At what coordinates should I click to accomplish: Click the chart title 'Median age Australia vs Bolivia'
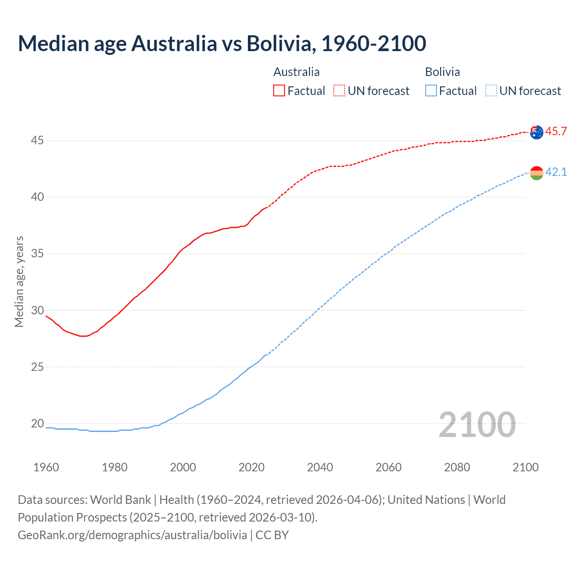(222, 43)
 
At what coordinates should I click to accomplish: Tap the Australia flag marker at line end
(536, 132)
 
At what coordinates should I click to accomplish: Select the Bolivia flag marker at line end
(536, 173)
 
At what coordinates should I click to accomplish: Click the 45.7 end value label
(556, 132)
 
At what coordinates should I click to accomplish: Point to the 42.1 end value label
(556, 172)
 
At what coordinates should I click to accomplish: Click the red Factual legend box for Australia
(279, 91)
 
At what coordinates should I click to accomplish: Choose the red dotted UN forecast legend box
(339, 91)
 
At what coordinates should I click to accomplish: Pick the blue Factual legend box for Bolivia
(431, 91)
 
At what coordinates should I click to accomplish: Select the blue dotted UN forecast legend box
(491, 91)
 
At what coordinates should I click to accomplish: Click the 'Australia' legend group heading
(296, 72)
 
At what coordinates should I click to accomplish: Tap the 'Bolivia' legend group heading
(442, 72)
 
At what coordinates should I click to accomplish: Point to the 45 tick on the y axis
(37, 141)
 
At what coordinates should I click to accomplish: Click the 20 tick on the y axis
(37, 424)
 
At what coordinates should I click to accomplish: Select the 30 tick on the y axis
(37, 310)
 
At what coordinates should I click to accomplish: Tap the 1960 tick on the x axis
(46, 467)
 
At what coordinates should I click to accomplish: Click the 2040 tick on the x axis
(320, 467)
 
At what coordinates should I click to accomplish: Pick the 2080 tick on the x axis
(457, 467)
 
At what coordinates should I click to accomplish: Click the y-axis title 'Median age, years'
(19, 281)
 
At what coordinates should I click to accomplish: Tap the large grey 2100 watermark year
(477, 425)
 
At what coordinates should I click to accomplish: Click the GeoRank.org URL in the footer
(132, 535)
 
